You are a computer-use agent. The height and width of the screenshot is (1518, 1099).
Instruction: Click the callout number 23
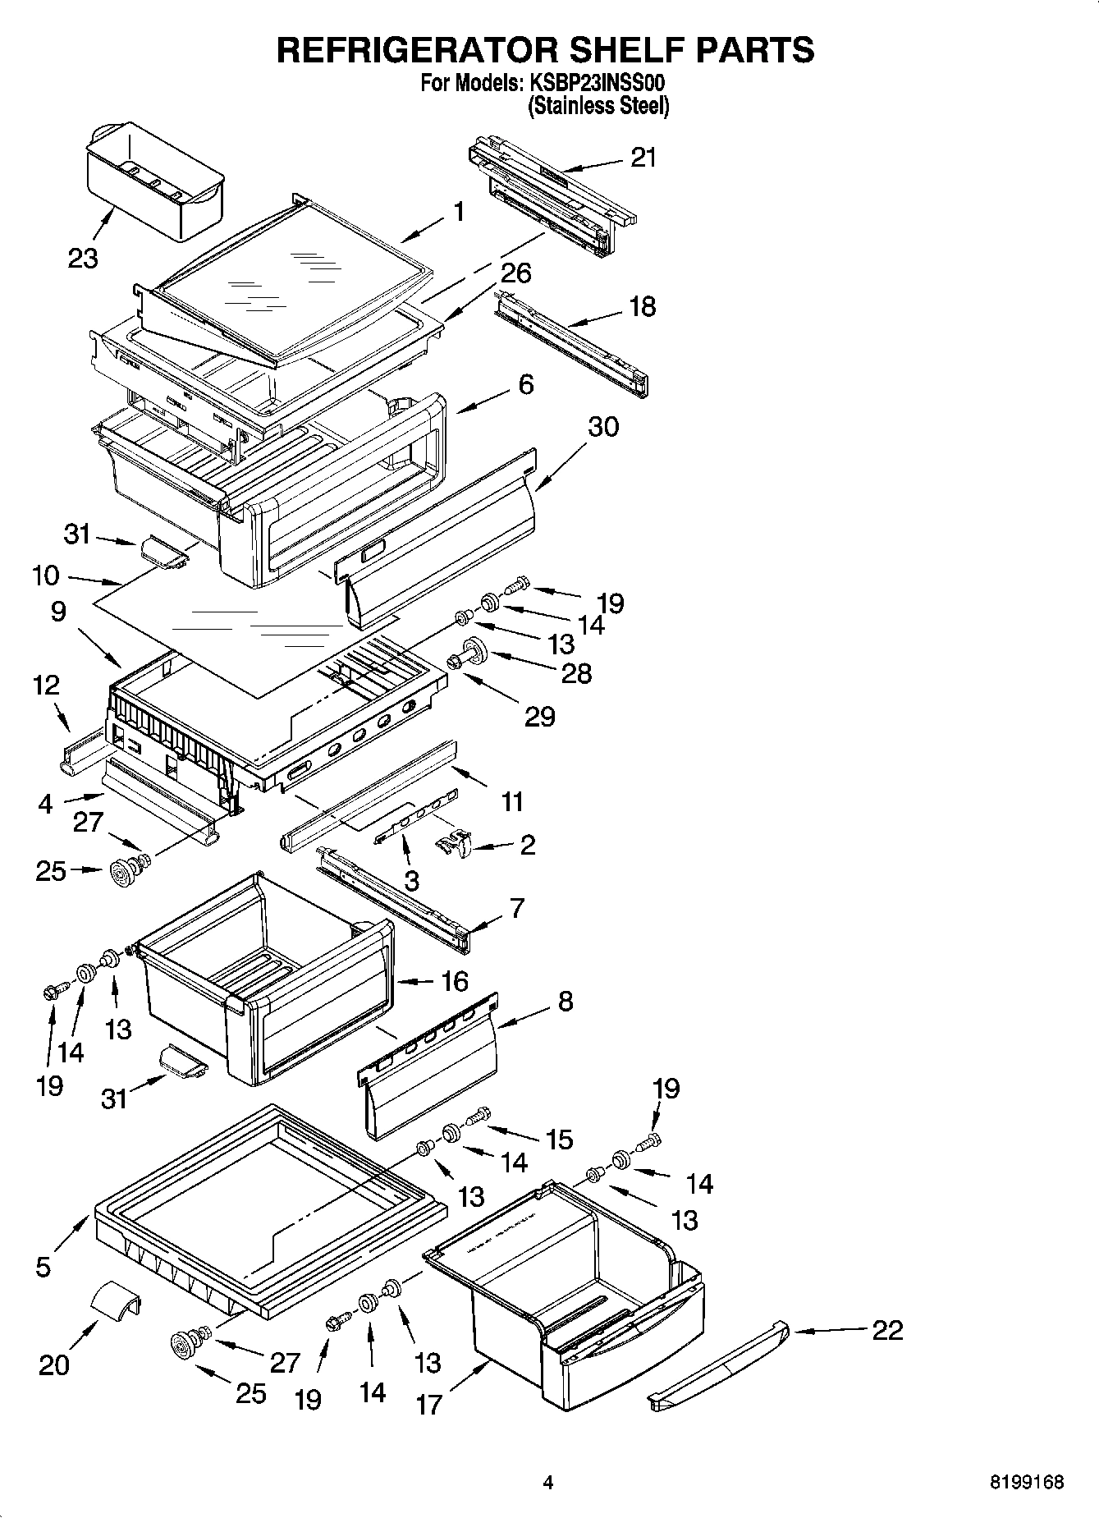coord(83,259)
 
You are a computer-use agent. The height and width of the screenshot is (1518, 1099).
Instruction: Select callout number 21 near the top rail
coord(643,157)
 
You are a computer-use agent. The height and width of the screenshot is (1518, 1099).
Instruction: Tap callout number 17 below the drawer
coord(428,1405)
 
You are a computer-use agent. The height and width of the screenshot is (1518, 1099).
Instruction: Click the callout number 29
coord(539,717)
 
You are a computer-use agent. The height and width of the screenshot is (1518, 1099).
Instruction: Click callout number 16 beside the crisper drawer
coord(454,981)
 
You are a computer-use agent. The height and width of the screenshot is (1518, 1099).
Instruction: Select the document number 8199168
coord(1026,1482)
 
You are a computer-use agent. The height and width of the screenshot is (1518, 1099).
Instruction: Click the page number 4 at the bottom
coord(548,1482)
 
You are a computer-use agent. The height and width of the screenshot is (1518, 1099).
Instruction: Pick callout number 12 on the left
coord(47,685)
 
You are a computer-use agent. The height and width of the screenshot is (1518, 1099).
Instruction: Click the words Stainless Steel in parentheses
coord(598,106)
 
